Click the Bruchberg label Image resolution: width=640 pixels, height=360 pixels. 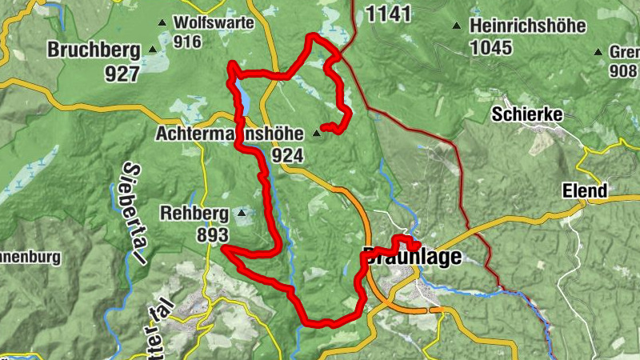coord(93,50)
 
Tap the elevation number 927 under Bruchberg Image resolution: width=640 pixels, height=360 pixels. coord(122,73)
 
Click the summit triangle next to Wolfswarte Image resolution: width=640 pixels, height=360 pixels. coord(162,22)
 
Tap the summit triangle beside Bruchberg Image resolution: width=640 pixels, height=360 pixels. coord(153,50)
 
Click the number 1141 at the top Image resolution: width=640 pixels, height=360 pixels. coord(388,14)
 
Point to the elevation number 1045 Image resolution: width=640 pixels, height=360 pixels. coord(490,48)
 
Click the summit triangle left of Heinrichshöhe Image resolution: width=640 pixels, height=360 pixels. coord(457,25)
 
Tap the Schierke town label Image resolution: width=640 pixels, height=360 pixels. coord(527,114)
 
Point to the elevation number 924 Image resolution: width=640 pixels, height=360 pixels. coord(287,154)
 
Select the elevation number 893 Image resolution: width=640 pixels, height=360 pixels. coord(213,235)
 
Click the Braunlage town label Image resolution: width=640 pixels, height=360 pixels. coord(413,258)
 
